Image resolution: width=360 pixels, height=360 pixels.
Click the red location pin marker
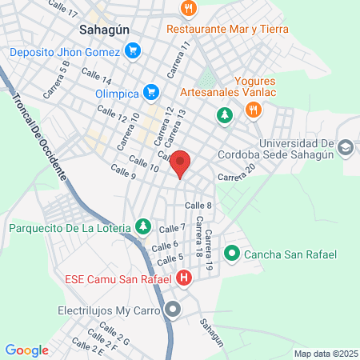[181, 163]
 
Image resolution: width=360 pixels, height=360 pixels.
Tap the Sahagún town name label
[104, 29]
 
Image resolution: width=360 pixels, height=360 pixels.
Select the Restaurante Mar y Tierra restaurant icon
[188, 9]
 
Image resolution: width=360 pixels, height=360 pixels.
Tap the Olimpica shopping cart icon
[150, 91]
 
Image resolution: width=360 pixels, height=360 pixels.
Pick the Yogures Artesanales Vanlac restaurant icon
[252, 110]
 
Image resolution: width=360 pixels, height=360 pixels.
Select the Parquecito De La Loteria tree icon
[143, 227]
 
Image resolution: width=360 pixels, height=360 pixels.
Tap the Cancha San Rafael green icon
[232, 254]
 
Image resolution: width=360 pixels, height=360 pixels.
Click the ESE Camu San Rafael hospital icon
[185, 278]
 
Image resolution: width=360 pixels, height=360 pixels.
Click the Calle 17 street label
[63, 9]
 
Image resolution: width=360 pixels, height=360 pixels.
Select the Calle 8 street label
[198, 206]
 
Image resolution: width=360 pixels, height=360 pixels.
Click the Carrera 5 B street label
[57, 78]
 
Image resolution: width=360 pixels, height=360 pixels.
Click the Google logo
[27, 350]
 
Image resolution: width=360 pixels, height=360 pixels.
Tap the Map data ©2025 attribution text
[324, 353]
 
